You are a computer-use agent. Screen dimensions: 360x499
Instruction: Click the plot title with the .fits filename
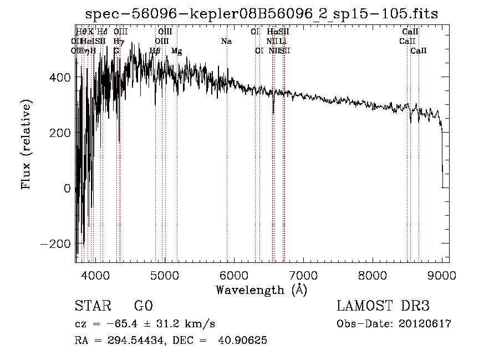tap(262, 14)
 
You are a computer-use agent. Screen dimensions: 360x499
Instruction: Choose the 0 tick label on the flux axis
tap(67, 189)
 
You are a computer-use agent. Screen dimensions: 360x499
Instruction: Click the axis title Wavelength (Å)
tap(261, 290)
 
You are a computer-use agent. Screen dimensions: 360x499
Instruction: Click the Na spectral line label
tap(226, 42)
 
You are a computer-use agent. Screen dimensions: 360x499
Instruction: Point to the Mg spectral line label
tap(176, 51)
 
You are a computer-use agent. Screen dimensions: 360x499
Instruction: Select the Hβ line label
tap(155, 51)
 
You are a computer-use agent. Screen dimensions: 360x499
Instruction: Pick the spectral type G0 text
tap(143, 306)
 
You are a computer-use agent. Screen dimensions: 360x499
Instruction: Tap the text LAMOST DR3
tap(383, 306)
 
